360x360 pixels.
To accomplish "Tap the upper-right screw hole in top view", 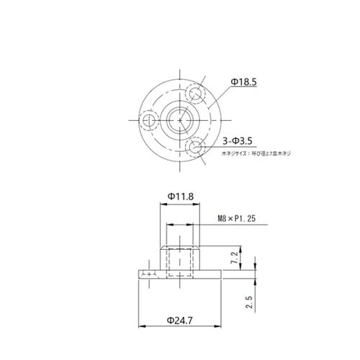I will (194, 93).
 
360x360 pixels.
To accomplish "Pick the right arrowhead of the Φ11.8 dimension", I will (199, 204).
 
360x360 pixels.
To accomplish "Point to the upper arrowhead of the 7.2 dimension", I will (244, 248).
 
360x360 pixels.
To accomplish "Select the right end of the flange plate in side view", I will (220, 274).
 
